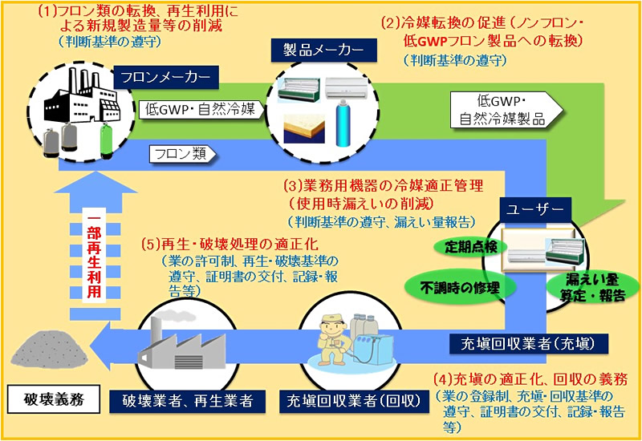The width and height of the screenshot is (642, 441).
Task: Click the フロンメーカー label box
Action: click(166, 77)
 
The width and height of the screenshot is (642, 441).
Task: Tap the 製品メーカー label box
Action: click(324, 51)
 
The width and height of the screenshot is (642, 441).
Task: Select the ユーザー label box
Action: click(534, 210)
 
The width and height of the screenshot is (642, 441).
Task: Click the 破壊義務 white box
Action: click(54, 399)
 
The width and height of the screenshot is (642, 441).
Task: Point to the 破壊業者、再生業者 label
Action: click(188, 401)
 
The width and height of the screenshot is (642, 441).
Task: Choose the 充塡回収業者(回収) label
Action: click(354, 401)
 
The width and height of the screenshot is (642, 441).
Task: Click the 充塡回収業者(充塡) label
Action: click(528, 344)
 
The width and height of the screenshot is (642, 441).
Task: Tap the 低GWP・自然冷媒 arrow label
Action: click(201, 110)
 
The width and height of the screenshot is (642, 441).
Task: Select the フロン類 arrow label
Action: click(182, 154)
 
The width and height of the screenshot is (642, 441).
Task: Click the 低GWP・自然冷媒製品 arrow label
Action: click(506, 110)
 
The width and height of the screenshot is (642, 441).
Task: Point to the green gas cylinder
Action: click(107, 140)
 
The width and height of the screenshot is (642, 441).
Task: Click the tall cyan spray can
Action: click(343, 124)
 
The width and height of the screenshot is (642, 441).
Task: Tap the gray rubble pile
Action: click(49, 350)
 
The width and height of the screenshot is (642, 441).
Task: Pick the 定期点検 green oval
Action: click(470, 247)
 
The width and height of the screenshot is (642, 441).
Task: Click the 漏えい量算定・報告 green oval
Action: click(593, 288)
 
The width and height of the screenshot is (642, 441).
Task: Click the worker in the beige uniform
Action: click(334, 339)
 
